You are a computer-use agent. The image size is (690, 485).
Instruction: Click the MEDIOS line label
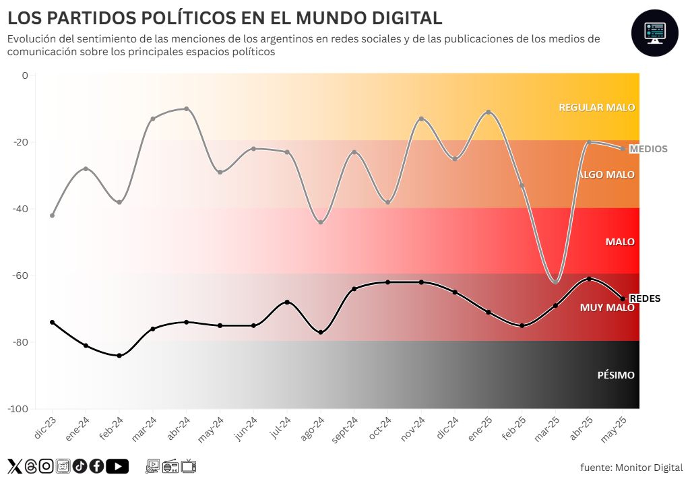click(x=648, y=149)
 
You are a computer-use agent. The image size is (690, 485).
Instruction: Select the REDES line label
click(x=644, y=298)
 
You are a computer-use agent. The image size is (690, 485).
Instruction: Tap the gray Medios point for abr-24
click(x=186, y=108)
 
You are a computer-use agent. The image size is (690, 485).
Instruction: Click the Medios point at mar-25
click(x=556, y=282)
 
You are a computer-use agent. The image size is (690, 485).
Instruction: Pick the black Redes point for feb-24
click(x=119, y=356)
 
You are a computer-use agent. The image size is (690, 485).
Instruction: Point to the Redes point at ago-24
click(x=321, y=332)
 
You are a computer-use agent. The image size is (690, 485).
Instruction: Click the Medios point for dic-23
click(x=52, y=216)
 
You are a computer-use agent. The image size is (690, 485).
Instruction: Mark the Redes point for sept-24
click(x=354, y=288)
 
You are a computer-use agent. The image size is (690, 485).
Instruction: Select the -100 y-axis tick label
click(x=18, y=409)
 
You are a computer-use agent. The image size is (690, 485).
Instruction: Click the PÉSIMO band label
click(x=616, y=375)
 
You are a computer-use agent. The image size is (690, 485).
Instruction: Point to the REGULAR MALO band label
click(x=596, y=107)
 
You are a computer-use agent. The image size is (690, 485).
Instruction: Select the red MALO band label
click(x=620, y=242)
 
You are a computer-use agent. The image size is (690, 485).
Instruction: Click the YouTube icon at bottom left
click(x=117, y=465)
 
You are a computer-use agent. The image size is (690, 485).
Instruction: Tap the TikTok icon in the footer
click(x=80, y=465)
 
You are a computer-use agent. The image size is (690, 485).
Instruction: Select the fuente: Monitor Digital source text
click(x=631, y=467)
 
